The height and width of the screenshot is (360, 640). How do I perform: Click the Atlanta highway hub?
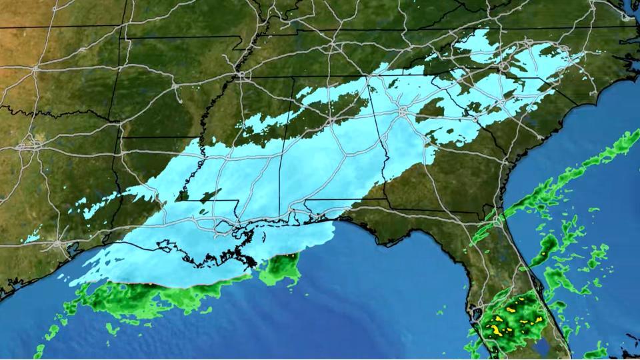click(x=403, y=113)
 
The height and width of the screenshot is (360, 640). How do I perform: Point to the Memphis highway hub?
click(x=239, y=75)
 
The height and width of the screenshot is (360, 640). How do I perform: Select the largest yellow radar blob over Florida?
click(x=497, y=327)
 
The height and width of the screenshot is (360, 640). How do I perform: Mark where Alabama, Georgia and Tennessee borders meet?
click(x=366, y=77)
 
